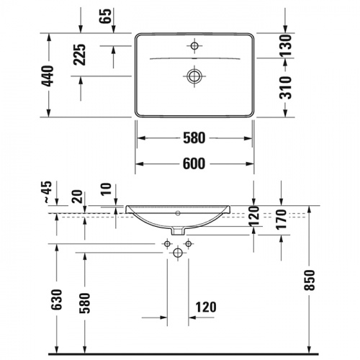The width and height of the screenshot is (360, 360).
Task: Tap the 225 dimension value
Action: pos(80,56)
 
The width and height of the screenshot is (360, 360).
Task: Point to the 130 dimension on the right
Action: pos(287,45)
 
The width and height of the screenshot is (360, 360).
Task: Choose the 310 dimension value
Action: pos(287,89)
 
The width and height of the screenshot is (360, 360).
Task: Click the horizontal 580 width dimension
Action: pos(194,137)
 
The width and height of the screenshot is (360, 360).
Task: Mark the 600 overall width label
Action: pos(194,163)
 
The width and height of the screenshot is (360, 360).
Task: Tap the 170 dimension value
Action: pos(282,220)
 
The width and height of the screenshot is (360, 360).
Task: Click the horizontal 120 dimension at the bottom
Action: pos(205,306)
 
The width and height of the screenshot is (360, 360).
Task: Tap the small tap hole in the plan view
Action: pos(194,47)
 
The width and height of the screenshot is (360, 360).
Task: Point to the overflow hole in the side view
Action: pos(179,214)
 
